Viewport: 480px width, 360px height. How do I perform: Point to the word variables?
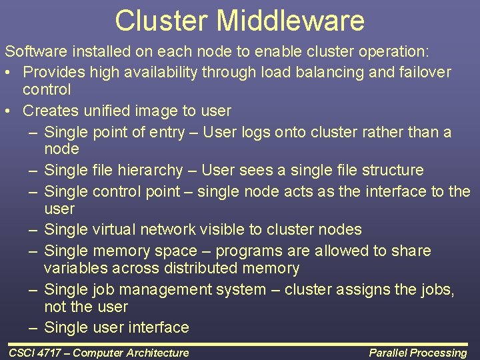coord(73,268)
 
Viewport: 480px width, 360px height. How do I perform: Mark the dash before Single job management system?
coord(33,289)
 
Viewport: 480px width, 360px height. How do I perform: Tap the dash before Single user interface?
coord(33,327)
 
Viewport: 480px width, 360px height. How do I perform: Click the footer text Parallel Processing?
coord(418,353)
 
